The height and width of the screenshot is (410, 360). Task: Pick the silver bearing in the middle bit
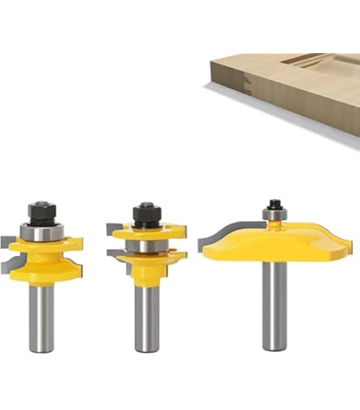[x=146, y=246]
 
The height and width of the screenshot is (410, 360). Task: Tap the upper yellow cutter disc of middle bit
[x=146, y=233]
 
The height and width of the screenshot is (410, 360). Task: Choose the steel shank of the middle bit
[x=146, y=323]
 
